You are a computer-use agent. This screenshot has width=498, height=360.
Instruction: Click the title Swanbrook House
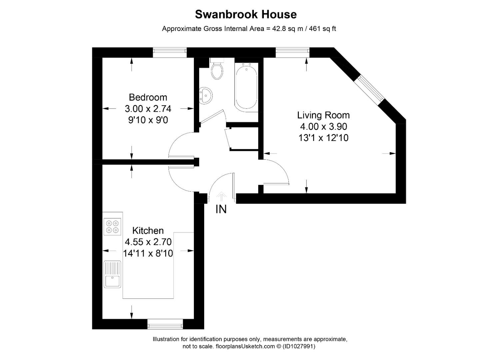coord(246,14)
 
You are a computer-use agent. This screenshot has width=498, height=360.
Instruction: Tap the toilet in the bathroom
coord(217,69)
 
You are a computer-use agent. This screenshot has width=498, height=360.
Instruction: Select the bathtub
coord(246,86)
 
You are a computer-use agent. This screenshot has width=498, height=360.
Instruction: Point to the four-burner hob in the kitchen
coord(112,226)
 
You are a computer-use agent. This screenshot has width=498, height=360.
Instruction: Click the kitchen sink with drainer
coord(112,274)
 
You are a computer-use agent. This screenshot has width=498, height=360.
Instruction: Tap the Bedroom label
coord(148,97)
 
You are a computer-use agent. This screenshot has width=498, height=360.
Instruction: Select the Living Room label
coord(323,115)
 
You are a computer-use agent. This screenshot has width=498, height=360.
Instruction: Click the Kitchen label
coord(148,230)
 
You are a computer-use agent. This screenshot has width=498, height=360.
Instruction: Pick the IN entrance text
coord(221,209)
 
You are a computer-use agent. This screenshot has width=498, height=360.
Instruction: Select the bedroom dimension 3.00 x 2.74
coord(148,109)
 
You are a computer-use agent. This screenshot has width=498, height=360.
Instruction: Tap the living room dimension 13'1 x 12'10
coord(323,138)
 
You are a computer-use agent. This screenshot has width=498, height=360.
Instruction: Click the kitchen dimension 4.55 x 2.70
coord(148,242)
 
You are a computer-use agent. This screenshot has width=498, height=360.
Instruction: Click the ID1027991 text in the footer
coord(299,346)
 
